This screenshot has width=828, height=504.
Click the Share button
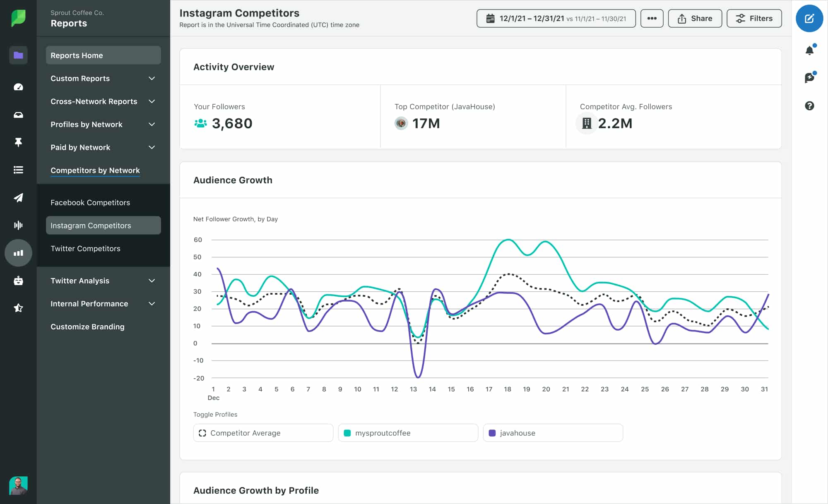(695, 19)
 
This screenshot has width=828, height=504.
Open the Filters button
(754, 19)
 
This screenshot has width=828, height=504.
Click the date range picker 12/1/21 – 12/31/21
(556, 19)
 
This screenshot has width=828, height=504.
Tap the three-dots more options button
(652, 19)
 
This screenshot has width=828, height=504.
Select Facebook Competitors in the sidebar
(90, 202)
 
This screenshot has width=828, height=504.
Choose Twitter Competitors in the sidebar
(85, 248)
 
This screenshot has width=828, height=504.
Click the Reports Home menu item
(103, 55)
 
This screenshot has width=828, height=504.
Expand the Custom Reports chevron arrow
(152, 78)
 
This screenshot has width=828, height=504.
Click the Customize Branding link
(87, 326)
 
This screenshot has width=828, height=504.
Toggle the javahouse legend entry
(552, 433)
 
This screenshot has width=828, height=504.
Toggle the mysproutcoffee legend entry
(407, 433)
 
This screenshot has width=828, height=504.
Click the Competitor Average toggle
(262, 433)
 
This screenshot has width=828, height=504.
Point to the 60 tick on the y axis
(198, 240)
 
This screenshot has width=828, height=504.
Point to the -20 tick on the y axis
(199, 378)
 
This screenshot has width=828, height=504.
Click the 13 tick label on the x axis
(413, 389)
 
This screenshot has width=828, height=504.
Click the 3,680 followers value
(232, 123)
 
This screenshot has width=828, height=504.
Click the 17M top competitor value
(426, 123)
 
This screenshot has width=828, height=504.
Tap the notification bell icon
(809, 50)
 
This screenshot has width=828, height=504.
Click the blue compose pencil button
(809, 19)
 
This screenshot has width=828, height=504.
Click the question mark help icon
(809, 106)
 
